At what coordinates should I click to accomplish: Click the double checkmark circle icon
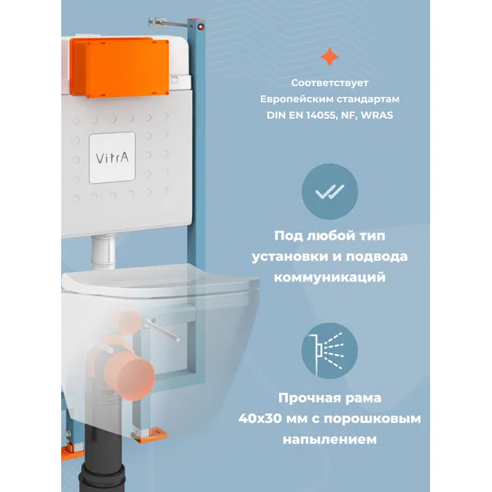coord(329,191)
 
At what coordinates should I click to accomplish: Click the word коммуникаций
coord(330,278)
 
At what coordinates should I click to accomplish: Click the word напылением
coord(330,440)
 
